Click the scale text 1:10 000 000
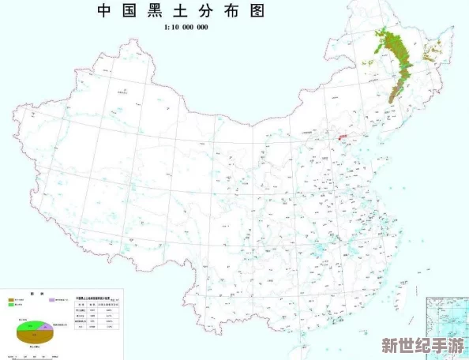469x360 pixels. pos(186,28)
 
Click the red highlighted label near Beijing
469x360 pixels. pos(343,137)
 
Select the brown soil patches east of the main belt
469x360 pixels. pos(431,54)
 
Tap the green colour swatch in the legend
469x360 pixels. pos(11,306)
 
